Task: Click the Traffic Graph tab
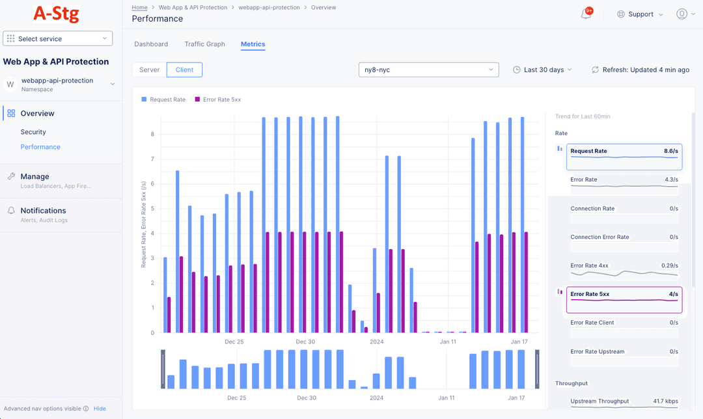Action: tap(204, 44)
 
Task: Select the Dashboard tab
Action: tap(151, 44)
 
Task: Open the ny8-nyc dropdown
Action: tap(428, 70)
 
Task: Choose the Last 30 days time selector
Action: tap(542, 70)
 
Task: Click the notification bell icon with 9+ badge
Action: tap(586, 14)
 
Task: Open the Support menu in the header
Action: tap(640, 14)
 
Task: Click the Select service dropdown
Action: tap(57, 39)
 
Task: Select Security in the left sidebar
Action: tap(33, 132)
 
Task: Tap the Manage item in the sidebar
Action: tap(34, 176)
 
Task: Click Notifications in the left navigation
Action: tap(43, 211)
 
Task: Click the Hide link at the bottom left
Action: tap(100, 409)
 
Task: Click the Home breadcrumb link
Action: tap(139, 8)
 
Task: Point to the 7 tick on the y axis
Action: tap(152, 159)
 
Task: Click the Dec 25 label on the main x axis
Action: tap(234, 342)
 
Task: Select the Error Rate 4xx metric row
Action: tap(624, 269)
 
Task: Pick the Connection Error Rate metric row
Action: tap(624, 241)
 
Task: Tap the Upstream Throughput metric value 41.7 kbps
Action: tap(665, 401)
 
